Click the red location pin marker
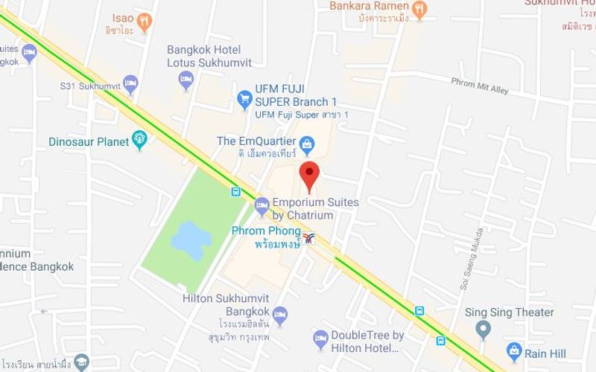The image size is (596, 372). point(309,174)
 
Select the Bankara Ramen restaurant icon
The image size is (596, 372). point(420,9)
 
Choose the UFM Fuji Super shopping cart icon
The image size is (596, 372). point(244,97)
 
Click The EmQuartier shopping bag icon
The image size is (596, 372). point(306,141)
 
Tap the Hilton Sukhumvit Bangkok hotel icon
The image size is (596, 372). point(280,315)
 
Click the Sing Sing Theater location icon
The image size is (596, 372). point(484,328)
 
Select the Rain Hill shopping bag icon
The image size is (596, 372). point(513,350)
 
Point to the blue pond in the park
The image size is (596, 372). point(189,240)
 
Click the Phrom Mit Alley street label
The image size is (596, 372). point(480,86)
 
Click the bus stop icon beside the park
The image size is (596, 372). point(235,192)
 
